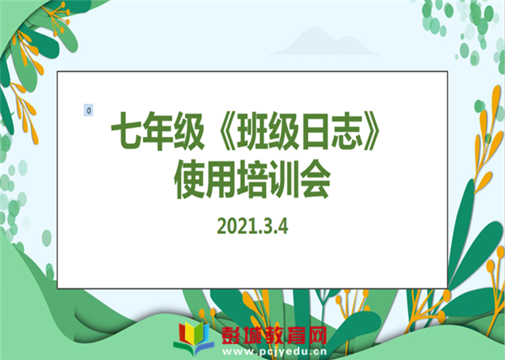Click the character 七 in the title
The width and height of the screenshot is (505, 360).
click(126, 131)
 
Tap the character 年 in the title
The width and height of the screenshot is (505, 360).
click(157, 131)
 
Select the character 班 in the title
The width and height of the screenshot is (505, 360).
click(252, 131)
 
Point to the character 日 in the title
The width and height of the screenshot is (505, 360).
click(314, 131)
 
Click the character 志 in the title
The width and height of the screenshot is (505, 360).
click(345, 131)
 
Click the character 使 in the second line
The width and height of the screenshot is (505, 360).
click(189, 179)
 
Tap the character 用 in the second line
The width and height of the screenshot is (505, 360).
click(221, 179)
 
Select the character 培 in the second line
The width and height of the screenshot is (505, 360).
click(252, 179)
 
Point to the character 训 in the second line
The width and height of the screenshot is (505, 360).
click(284, 179)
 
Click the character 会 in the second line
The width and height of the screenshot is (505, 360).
click(315, 179)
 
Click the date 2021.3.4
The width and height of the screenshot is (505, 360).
click(252, 226)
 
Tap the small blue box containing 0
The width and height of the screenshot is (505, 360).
click(88, 110)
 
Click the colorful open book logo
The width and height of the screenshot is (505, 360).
click(194, 338)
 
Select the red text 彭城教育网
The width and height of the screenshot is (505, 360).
click(274, 336)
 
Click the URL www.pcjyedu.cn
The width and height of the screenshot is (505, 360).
click(274, 352)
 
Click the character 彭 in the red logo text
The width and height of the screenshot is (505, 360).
click(232, 336)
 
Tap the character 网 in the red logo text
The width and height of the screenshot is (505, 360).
click(317, 336)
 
